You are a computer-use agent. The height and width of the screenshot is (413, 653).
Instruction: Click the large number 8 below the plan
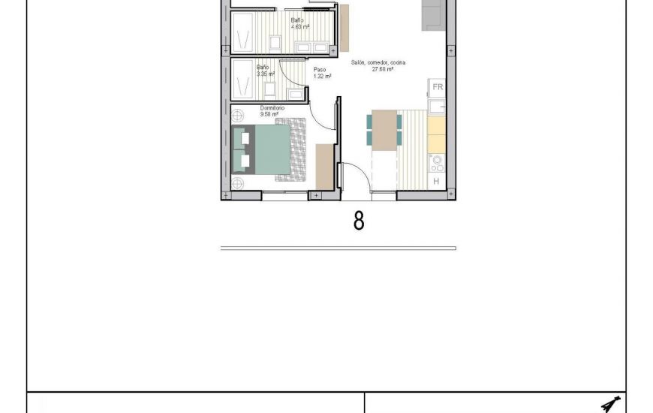tap(359, 221)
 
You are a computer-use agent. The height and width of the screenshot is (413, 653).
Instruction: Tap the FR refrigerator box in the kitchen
tap(438, 87)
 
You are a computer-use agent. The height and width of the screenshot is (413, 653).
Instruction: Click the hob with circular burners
tap(437, 162)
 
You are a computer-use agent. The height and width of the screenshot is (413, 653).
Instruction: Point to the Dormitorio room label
tap(272, 108)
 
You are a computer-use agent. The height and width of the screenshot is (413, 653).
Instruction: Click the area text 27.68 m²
tap(383, 69)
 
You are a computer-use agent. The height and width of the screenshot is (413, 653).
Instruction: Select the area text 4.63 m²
tap(300, 26)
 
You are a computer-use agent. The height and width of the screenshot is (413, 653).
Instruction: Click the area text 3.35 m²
tap(265, 74)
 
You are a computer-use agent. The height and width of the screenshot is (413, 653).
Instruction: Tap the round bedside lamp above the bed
tap(238, 116)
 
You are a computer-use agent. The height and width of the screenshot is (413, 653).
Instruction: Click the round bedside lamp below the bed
tap(238, 182)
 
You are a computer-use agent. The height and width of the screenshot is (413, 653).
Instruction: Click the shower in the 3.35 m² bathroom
tap(242, 80)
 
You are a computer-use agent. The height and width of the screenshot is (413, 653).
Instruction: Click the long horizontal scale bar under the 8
tap(338, 248)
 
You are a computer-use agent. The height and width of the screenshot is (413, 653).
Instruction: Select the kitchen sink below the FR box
tap(437, 106)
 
